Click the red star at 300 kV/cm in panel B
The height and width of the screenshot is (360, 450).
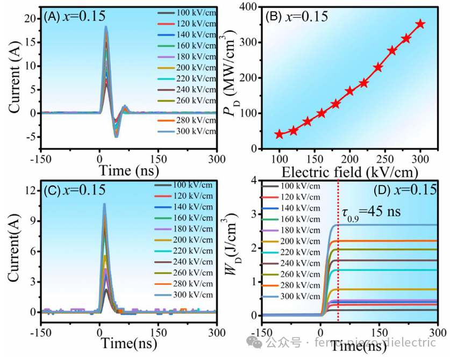420,24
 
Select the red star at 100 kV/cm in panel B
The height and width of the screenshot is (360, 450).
279,134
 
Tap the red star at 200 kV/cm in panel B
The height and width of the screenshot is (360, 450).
350,91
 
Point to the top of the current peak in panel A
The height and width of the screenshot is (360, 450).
106,26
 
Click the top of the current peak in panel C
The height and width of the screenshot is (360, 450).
104,204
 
